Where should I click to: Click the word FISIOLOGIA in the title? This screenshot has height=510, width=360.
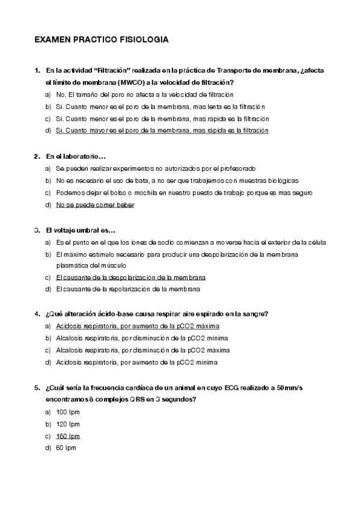click(142, 40)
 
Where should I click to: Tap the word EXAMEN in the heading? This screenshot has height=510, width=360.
click(52, 40)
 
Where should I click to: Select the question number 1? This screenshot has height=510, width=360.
click(37, 70)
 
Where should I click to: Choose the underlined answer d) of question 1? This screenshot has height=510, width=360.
click(162, 130)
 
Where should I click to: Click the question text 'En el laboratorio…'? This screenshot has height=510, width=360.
click(76, 156)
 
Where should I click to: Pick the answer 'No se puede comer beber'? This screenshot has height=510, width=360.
click(95, 204)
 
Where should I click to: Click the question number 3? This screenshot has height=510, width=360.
click(37, 230)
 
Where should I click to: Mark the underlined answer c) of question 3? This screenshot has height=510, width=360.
click(130, 277)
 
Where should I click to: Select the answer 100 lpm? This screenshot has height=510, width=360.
click(67, 412)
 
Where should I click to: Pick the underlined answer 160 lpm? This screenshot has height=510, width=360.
click(67, 436)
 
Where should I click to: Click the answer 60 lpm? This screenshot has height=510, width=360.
click(66, 448)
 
